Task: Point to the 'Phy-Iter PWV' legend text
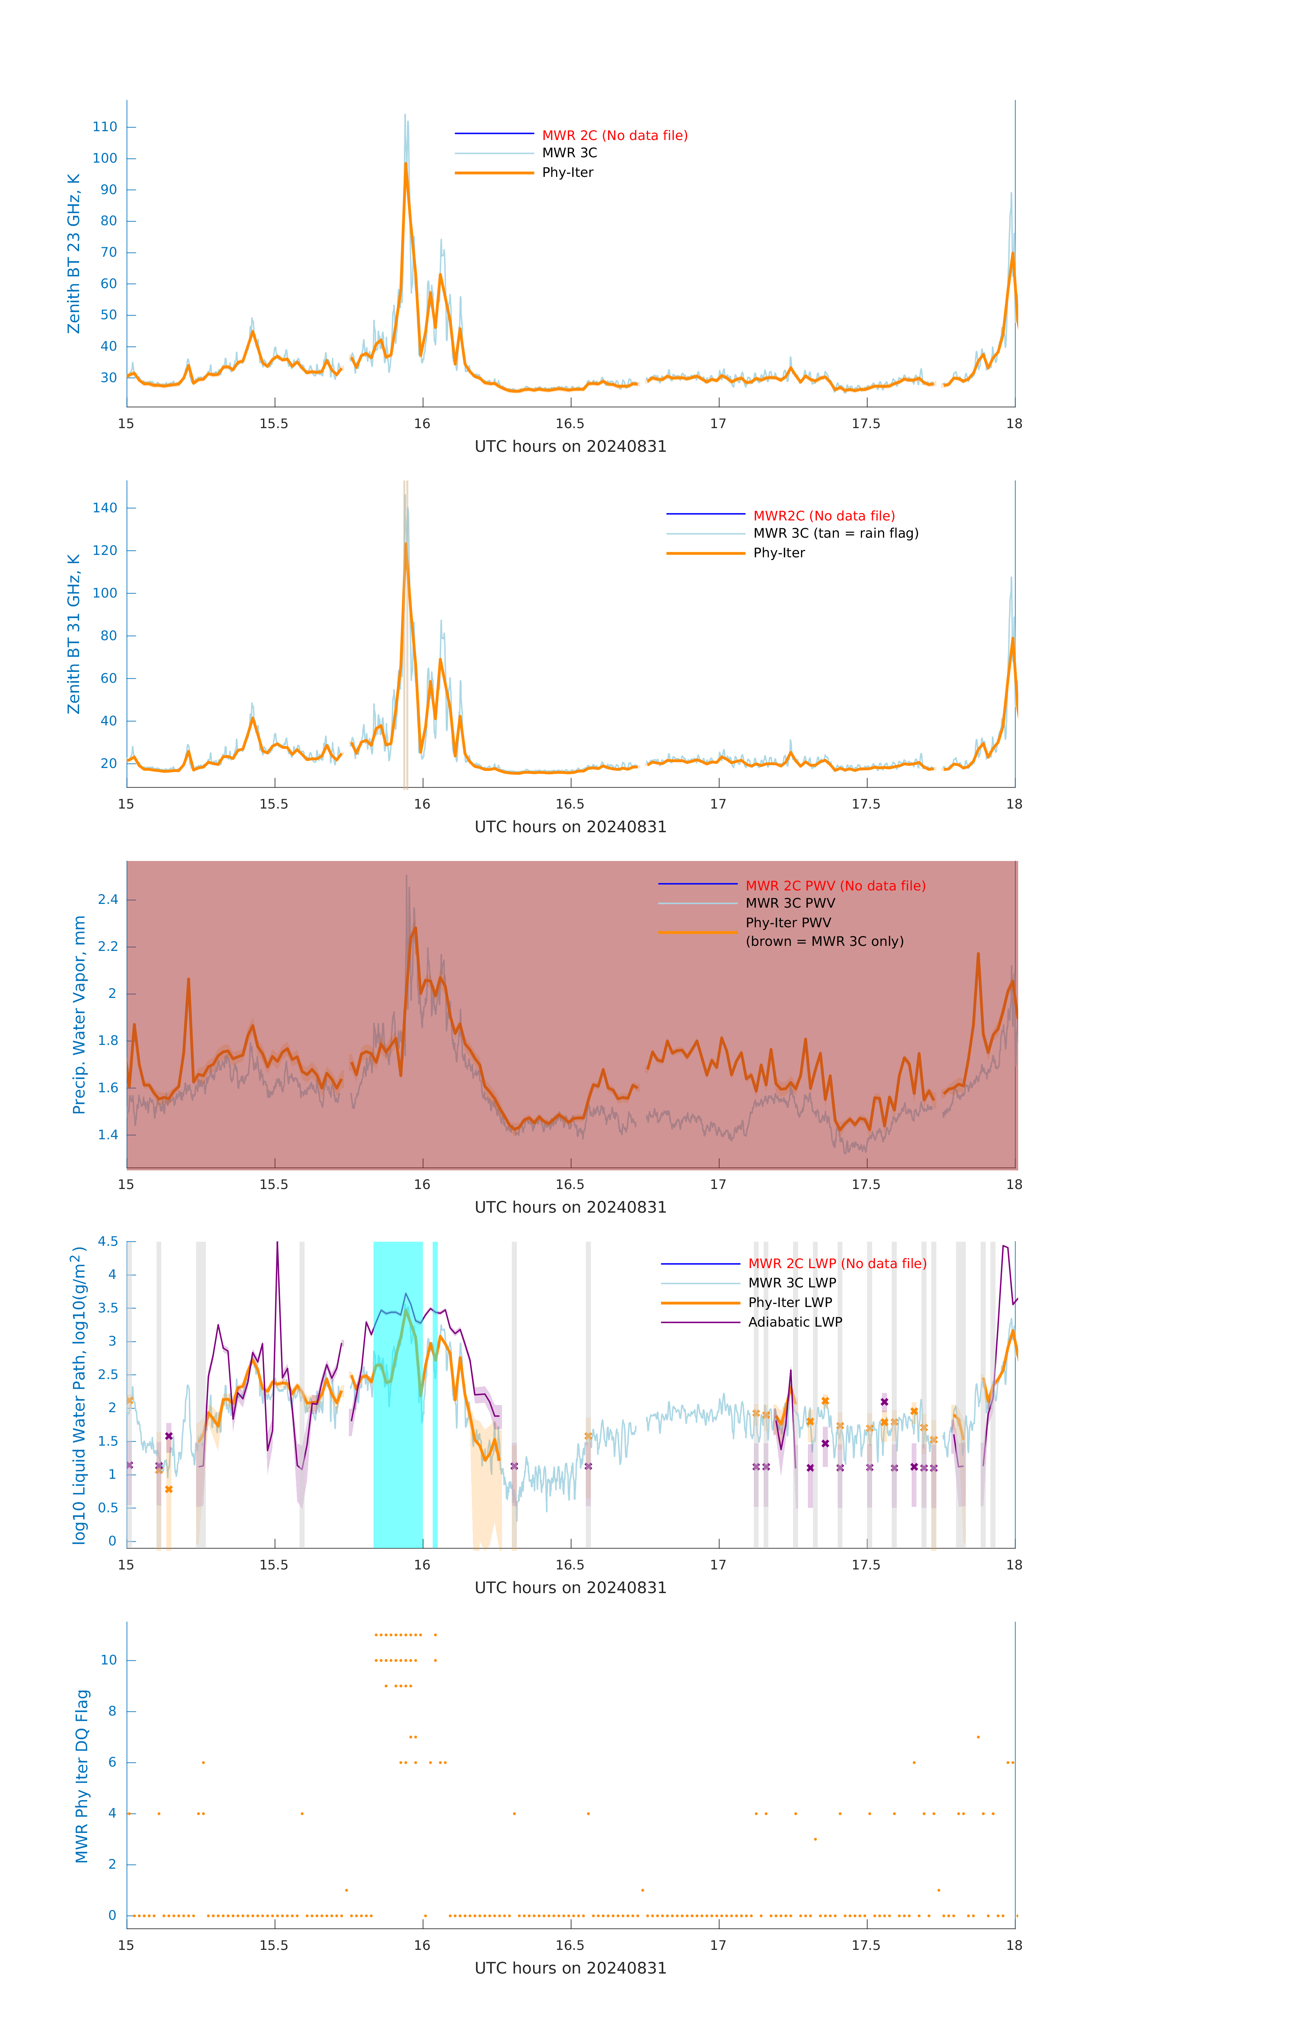[x=788, y=923]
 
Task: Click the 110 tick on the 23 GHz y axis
[x=105, y=127]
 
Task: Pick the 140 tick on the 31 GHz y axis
[x=105, y=508]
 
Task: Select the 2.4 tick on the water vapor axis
[x=108, y=900]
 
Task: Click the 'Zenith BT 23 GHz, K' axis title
[x=74, y=254]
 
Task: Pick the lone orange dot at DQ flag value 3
[x=815, y=1839]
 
